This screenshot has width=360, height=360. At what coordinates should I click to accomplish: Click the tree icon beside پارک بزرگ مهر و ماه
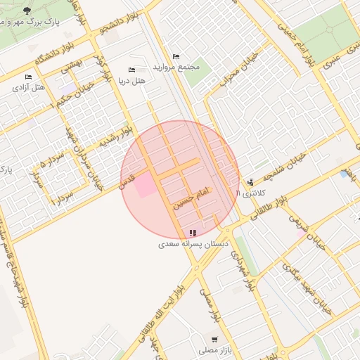(x=27, y=11)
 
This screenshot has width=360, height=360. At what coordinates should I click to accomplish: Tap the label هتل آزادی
(x=28, y=89)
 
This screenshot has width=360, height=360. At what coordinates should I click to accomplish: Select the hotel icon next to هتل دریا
(x=131, y=70)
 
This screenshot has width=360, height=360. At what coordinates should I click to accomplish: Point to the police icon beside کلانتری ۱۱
(x=250, y=182)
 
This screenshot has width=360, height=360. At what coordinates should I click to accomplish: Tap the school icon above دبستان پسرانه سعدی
(x=193, y=233)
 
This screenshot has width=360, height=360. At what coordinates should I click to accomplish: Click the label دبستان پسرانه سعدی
(x=193, y=244)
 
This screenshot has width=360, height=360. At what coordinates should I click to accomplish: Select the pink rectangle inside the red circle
(x=146, y=186)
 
